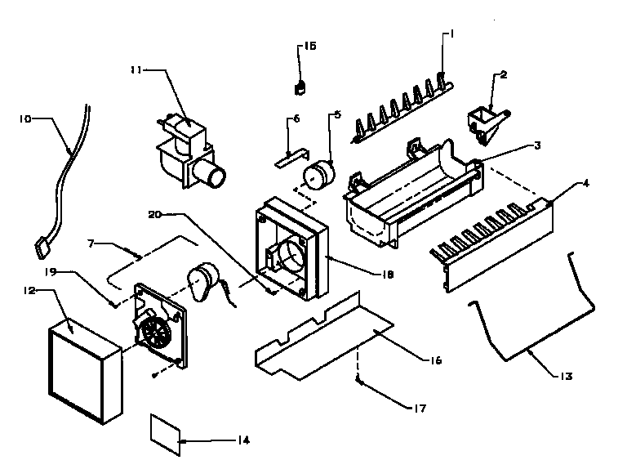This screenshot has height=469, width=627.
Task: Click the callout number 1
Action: pyautogui.click(x=449, y=33)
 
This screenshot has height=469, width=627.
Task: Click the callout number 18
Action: pyautogui.click(x=387, y=275)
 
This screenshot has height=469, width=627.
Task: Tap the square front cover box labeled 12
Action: pyautogui.click(x=82, y=368)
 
